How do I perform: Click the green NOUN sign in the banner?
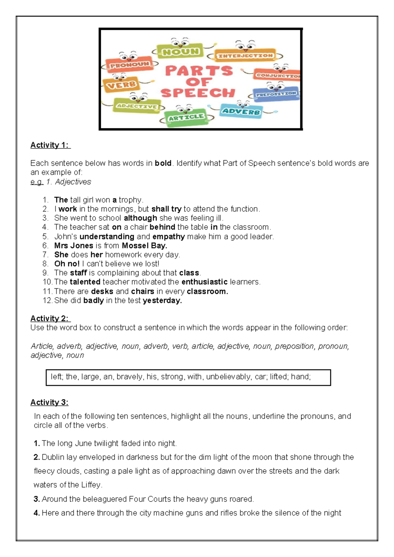(181, 52)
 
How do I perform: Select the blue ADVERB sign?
(241, 111)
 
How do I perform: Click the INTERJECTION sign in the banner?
(245, 56)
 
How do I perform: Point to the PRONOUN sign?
(130, 65)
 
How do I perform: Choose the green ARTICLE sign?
(186, 117)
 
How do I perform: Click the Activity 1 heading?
(50, 145)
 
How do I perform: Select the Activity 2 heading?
(50, 318)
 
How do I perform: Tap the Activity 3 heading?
(49, 402)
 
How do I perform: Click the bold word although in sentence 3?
(140, 218)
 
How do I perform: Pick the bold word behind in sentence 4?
(162, 227)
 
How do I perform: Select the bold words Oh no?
(67, 264)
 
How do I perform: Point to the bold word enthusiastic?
(204, 282)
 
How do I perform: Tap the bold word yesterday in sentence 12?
(162, 301)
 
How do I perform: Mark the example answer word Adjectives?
(73, 182)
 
